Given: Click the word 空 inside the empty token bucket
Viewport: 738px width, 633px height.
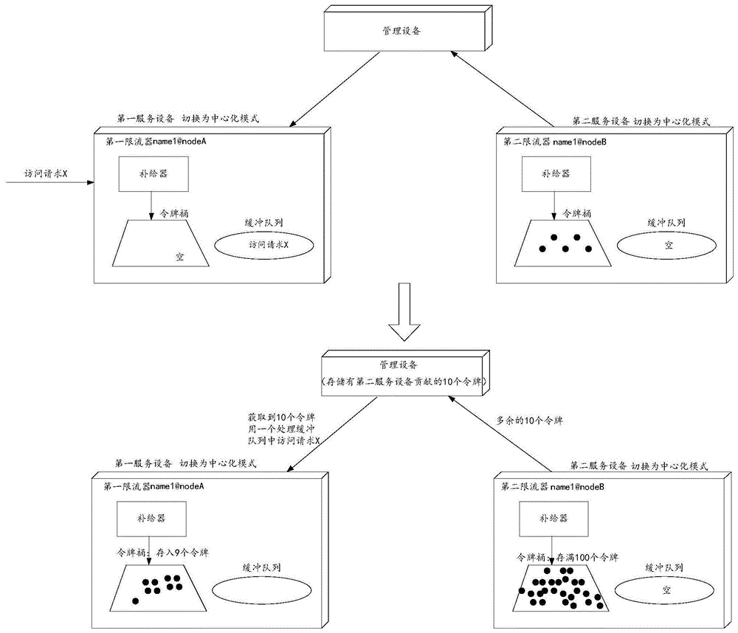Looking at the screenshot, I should tap(179, 257).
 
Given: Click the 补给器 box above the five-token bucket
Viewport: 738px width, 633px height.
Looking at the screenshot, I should tap(554, 176).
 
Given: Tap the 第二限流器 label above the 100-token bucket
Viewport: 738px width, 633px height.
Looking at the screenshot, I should tap(542, 487).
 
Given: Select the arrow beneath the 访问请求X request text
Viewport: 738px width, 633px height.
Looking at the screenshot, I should tap(48, 181).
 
